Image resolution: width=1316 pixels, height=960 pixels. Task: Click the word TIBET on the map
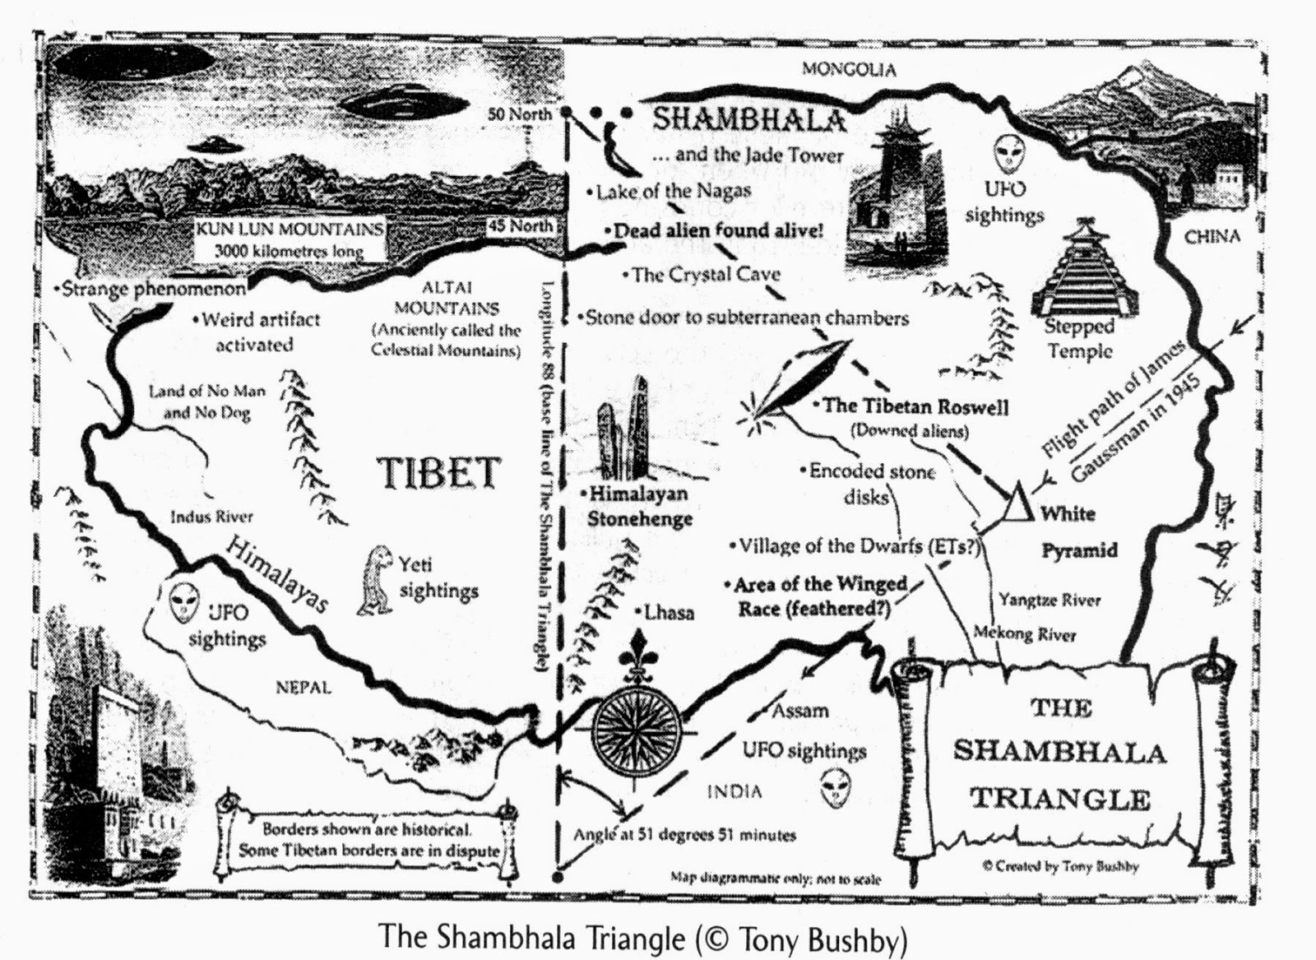(438, 473)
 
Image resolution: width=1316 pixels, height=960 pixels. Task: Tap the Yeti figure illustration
(377, 579)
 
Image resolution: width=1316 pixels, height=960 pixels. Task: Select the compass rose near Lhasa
(636, 724)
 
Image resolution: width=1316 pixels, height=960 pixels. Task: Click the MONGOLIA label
(849, 70)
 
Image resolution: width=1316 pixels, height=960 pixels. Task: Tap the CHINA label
(1212, 236)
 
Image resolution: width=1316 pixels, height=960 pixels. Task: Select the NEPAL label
(304, 687)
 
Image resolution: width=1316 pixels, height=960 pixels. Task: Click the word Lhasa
(668, 613)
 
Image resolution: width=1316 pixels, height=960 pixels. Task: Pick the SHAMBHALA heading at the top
(748, 120)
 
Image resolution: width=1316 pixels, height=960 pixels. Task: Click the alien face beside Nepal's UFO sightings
(183, 603)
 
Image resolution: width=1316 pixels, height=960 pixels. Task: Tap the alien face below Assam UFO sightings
(836, 788)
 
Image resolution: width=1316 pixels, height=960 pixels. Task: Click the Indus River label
(211, 517)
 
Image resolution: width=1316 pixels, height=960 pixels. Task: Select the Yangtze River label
(1050, 600)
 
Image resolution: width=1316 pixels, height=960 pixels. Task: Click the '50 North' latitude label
(519, 114)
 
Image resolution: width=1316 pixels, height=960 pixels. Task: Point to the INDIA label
(734, 791)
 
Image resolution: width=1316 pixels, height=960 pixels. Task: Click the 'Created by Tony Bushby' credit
(1059, 866)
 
